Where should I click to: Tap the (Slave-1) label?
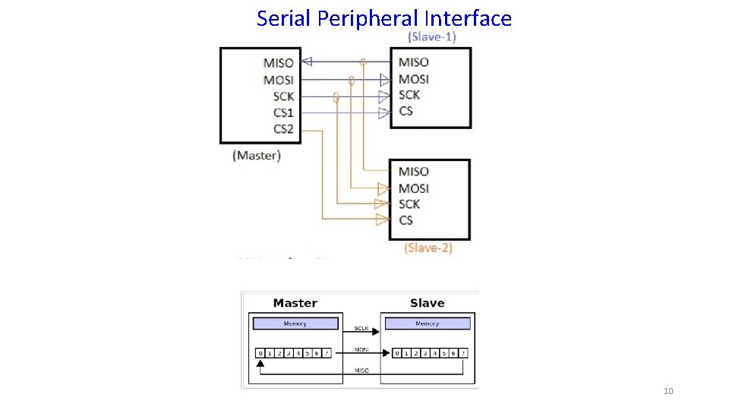[432, 36]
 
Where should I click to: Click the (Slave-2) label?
[428, 248]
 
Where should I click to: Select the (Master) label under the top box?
[257, 155]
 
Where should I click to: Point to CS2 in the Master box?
[283, 129]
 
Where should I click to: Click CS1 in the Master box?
[283, 112]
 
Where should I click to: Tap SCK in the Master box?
[283, 96]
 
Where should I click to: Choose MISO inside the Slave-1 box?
[414, 62]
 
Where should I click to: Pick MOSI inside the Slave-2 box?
[414, 188]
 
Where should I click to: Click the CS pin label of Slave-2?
[406, 220]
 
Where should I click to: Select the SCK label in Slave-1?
[409, 95]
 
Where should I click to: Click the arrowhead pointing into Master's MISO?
[307, 62]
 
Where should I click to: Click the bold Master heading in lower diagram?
[295, 303]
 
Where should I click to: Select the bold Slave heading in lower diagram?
[427, 303]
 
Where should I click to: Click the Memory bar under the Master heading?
[295, 323]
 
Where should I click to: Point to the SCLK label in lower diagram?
[362, 329]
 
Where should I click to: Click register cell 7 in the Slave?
[462, 353]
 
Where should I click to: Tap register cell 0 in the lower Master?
[260, 353]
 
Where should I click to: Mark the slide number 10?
[668, 391]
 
